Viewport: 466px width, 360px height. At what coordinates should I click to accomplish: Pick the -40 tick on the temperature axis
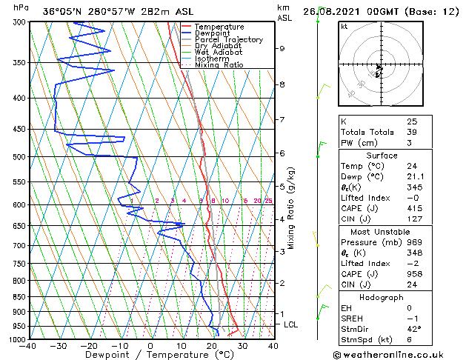[x=27, y=345]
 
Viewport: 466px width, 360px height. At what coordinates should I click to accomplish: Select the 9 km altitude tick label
[x=282, y=49]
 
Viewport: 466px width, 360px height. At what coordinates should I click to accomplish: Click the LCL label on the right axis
[x=291, y=324]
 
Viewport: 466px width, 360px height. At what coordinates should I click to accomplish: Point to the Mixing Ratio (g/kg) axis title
[x=291, y=208]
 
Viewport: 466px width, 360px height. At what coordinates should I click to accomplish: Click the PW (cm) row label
[x=358, y=143]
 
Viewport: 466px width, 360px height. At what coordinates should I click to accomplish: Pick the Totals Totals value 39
[x=412, y=132]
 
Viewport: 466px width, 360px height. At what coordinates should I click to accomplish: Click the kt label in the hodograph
[x=344, y=27]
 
